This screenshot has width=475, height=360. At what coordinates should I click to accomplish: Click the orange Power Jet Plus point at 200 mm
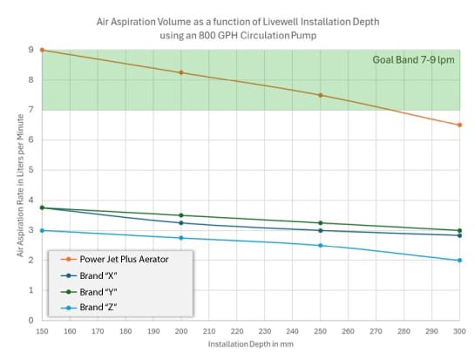181,72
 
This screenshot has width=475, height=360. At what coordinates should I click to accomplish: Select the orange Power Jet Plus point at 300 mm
459,125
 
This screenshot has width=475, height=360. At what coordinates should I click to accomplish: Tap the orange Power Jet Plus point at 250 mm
321,95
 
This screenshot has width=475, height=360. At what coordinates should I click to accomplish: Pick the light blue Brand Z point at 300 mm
459,261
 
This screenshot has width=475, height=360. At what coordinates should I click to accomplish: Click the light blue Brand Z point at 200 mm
181,238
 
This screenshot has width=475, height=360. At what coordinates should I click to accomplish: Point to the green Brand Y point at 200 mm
181,215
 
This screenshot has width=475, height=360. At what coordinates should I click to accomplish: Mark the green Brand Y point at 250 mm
321,223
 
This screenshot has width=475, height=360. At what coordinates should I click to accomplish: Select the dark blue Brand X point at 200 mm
181,223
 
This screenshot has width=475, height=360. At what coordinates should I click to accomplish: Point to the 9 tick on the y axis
32,50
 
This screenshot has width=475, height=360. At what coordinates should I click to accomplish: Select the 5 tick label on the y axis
32,170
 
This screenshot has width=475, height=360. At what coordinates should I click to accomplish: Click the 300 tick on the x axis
459,331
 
